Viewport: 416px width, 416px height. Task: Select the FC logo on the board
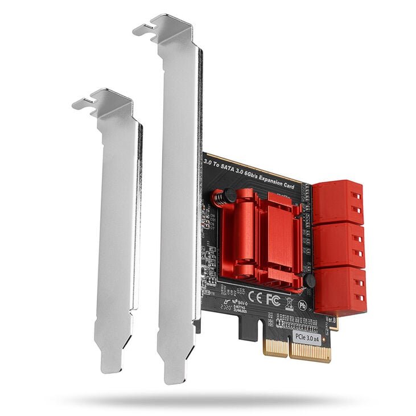pyautogui.click(x=273, y=300)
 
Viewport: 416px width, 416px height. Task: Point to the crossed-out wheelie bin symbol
pyautogui.click(x=289, y=303)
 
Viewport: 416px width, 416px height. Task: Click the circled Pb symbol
pyautogui.click(x=303, y=305)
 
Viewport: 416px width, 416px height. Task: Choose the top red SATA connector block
pyautogui.click(x=338, y=203)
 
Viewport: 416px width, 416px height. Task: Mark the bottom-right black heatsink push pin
pyautogui.click(x=309, y=281)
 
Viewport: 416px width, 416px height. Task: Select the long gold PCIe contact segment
pyautogui.click(x=310, y=353)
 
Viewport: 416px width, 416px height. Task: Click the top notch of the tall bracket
pyautogui.click(x=147, y=27)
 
